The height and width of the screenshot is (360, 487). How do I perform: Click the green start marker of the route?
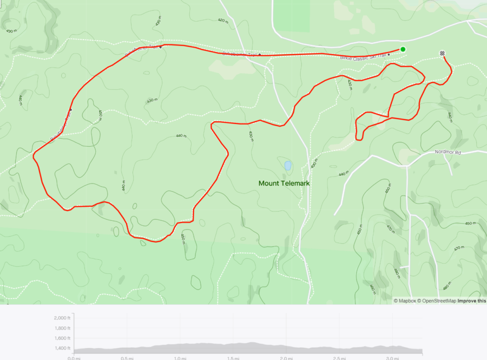403,49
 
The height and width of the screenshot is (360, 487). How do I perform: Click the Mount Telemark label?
284,184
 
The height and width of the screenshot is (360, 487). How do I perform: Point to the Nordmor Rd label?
447,153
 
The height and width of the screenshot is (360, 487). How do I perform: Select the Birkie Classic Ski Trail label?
363,57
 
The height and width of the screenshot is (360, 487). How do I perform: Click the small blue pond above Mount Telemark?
288,165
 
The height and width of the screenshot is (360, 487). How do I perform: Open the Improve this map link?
472,301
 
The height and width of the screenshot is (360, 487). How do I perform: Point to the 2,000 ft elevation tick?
62,318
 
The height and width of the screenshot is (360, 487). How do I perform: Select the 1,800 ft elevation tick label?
62,328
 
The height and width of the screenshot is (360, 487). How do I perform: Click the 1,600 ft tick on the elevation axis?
62,338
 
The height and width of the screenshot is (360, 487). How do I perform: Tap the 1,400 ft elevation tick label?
62,349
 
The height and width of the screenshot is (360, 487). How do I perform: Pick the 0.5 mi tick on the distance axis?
127,358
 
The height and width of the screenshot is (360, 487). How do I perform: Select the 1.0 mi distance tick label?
180,358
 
